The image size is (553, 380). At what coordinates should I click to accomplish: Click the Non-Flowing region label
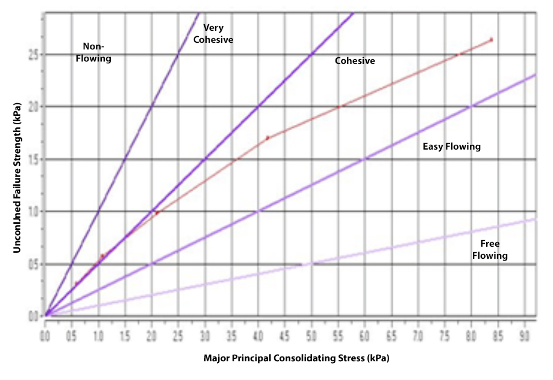tap(97, 52)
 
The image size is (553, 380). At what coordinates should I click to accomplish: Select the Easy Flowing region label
tap(452, 147)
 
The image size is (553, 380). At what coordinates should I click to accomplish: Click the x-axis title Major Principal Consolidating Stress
tap(296, 358)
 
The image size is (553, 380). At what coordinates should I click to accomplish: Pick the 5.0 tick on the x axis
tap(311, 333)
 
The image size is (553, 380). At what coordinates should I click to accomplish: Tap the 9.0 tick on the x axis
tap(525, 333)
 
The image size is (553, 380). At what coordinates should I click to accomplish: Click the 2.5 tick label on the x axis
tap(178, 333)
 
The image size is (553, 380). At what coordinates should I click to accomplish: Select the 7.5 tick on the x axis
tap(445, 333)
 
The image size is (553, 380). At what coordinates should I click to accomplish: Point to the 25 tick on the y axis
tap(34, 55)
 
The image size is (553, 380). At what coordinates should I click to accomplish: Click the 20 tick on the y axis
tap(34, 107)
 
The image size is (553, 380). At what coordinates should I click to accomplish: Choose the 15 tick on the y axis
tap(34, 159)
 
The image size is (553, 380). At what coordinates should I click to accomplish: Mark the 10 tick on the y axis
tap(34, 212)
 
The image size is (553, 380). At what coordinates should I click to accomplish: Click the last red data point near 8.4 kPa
tap(492, 40)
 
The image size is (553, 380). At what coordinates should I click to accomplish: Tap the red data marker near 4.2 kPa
tap(267, 138)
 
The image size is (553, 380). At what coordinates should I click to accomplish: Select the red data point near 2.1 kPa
tap(157, 213)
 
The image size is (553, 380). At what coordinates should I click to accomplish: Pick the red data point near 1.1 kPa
tap(102, 256)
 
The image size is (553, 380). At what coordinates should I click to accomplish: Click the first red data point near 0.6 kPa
tap(77, 283)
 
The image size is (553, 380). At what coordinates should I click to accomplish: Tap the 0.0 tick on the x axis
tap(45, 333)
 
